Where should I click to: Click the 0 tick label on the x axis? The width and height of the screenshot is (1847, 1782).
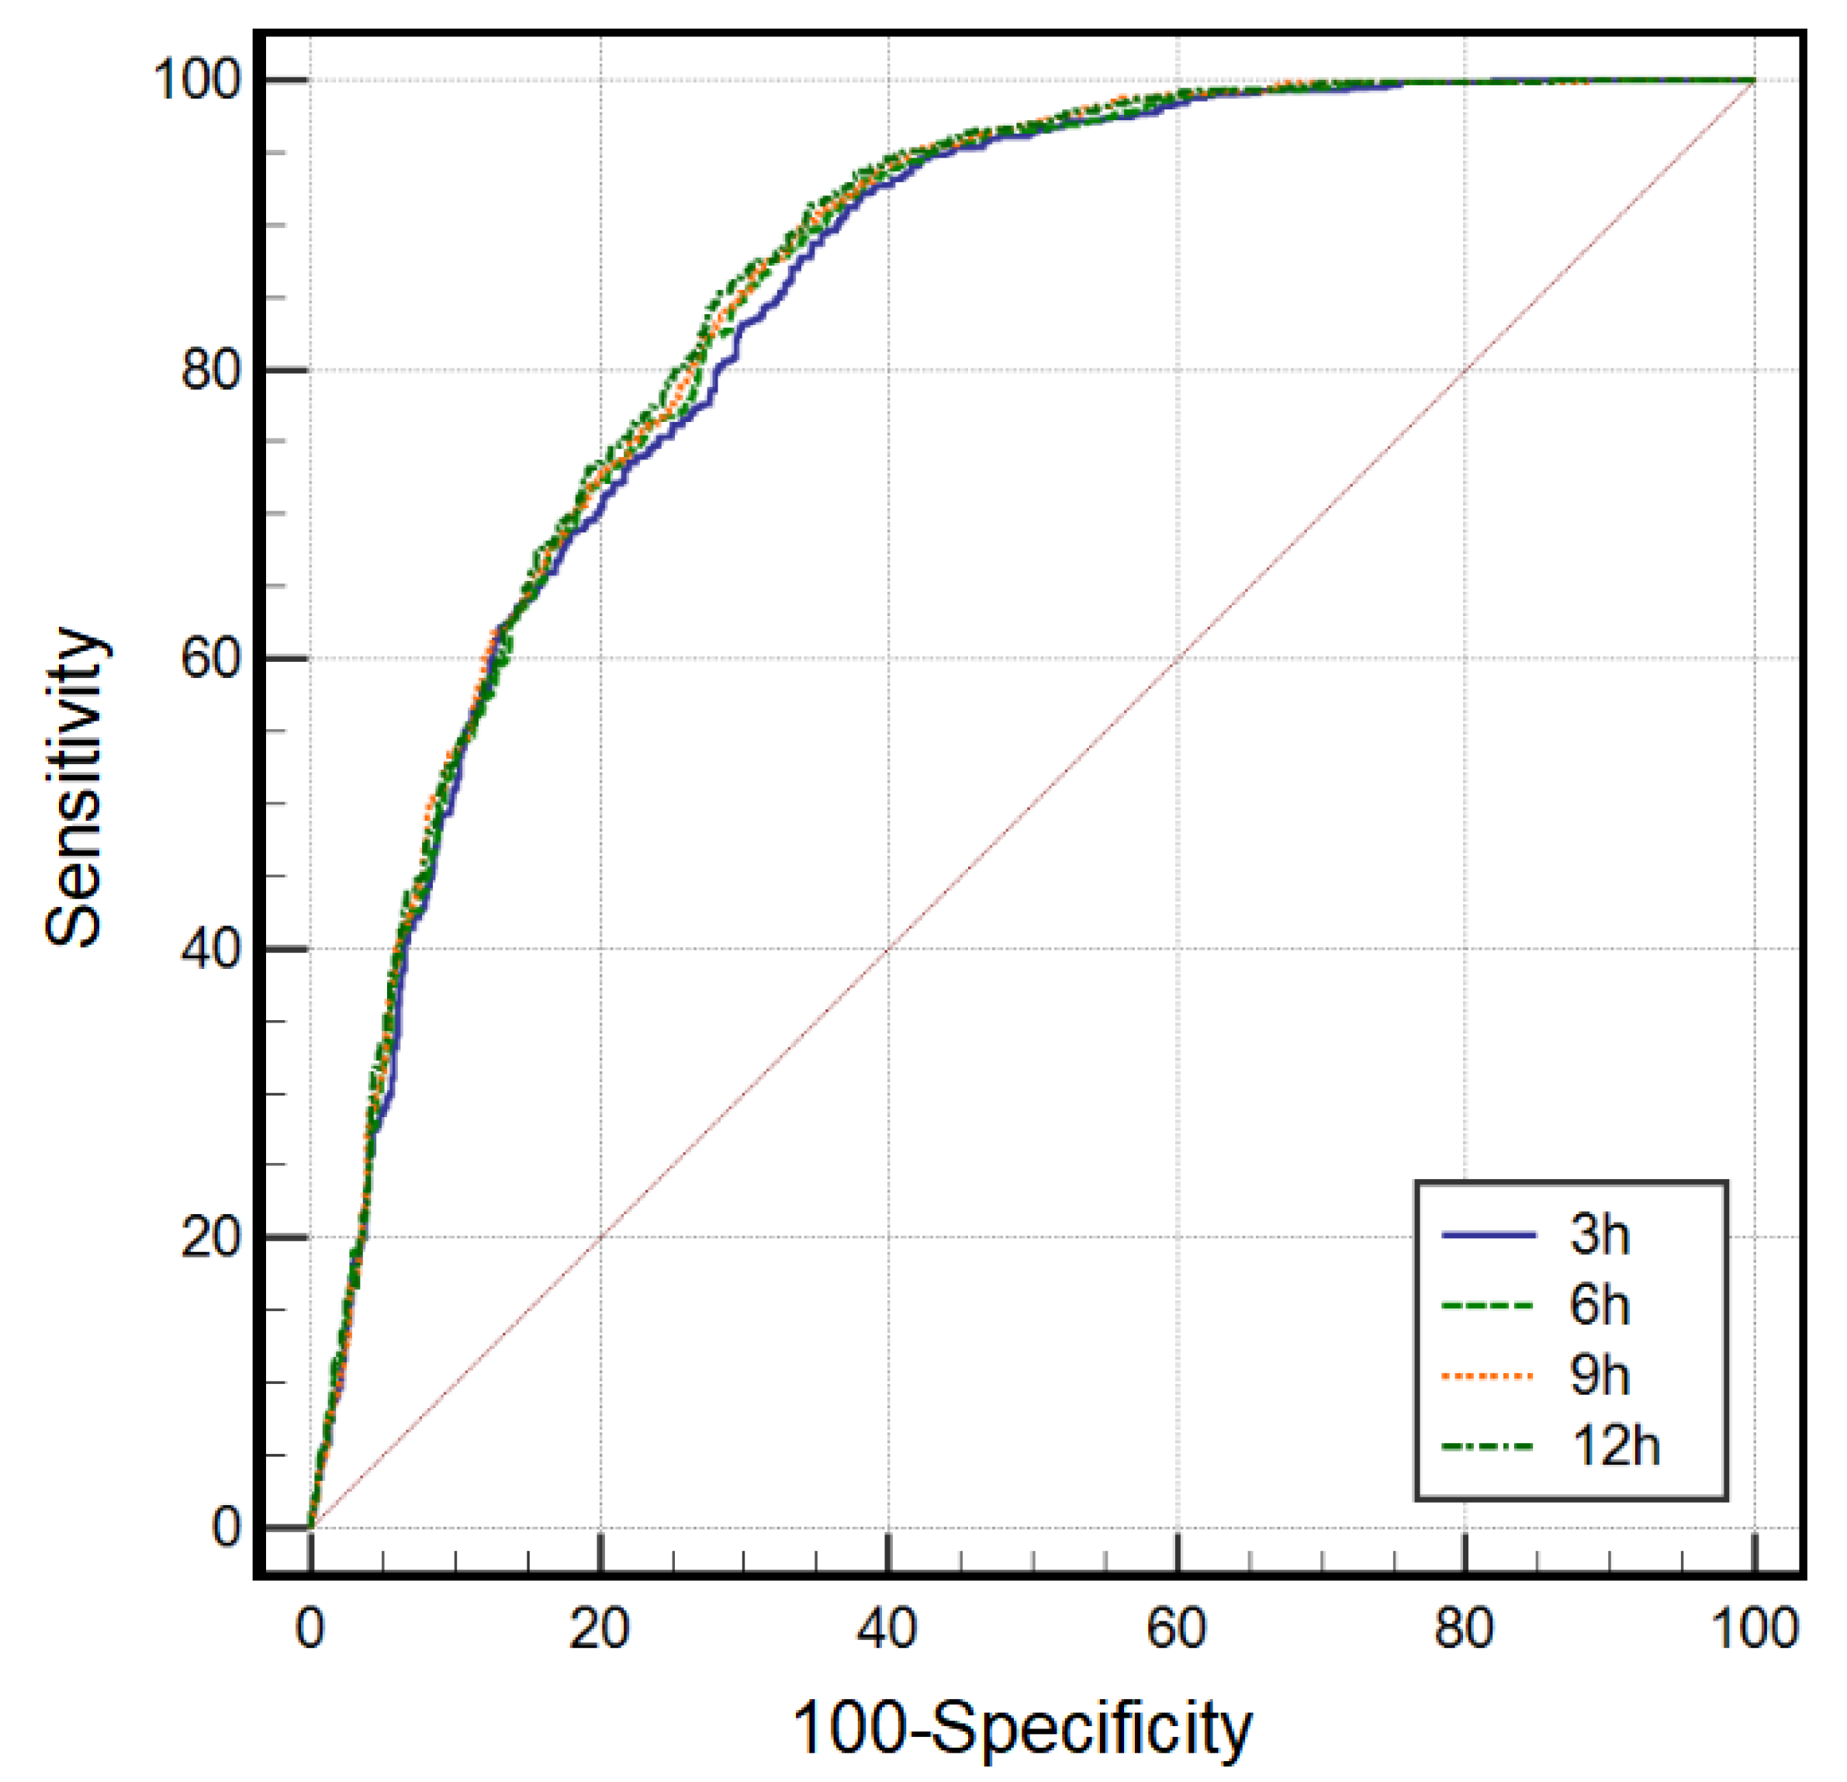(x=310, y=1628)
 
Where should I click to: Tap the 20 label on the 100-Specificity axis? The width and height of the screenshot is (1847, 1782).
(x=600, y=1628)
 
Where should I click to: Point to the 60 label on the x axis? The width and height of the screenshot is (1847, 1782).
(x=1177, y=1628)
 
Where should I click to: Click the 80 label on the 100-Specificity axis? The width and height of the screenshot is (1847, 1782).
(x=1465, y=1628)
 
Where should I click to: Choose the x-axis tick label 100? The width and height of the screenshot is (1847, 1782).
(x=1754, y=1628)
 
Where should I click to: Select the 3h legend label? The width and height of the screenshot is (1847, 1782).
(x=1600, y=1234)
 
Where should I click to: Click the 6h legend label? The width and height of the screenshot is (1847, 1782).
(x=1600, y=1305)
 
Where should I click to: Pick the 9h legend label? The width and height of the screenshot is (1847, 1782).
(x=1600, y=1375)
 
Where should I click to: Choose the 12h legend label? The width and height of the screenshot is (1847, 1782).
(x=1615, y=1447)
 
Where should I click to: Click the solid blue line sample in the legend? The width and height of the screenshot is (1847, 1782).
(x=1489, y=1234)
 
